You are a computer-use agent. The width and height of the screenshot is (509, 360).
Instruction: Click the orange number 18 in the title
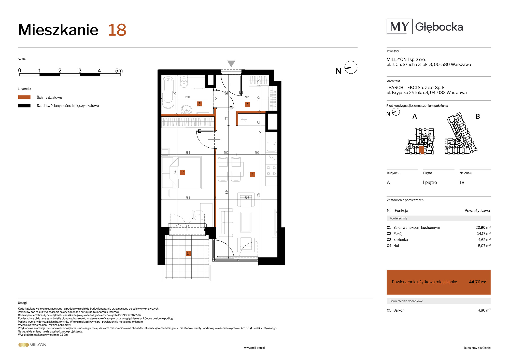coord(117,30)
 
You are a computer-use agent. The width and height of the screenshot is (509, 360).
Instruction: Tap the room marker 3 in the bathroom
coord(199,104)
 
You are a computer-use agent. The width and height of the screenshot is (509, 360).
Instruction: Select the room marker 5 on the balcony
coord(188,253)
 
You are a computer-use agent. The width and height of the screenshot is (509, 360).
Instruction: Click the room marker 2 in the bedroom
coord(182,172)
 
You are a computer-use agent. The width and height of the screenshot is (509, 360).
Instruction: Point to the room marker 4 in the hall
coord(247,104)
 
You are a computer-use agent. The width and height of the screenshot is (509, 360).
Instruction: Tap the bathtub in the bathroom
coord(168,93)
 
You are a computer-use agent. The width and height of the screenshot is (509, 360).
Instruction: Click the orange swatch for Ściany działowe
coord(24,97)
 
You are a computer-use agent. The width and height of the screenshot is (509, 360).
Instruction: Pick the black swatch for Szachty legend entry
coord(24,106)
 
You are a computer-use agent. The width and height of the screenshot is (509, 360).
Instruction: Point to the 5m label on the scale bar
coord(119,71)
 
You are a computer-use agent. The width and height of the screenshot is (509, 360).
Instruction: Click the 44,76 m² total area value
coord(478,282)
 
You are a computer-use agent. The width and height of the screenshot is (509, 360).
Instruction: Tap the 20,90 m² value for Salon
coord(483,227)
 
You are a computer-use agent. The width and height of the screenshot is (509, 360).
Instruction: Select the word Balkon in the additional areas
coord(399,310)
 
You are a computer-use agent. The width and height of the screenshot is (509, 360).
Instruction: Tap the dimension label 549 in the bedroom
coord(175,172)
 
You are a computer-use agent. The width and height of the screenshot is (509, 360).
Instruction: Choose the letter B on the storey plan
coord(478,116)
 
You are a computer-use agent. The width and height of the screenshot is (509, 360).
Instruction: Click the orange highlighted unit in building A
coord(422,150)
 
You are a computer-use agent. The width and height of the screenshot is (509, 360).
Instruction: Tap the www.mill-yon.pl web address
coord(254,348)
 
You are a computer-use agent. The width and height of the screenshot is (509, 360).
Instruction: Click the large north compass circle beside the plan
coord(351,67)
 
